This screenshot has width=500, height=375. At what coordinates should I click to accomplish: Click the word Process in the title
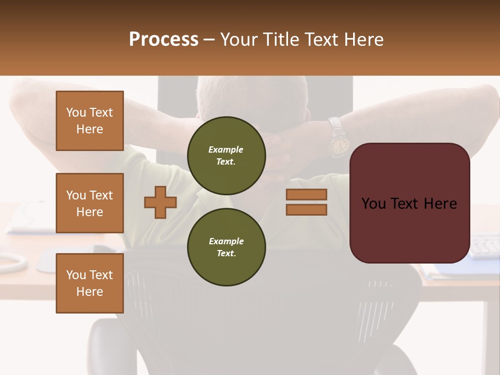164,40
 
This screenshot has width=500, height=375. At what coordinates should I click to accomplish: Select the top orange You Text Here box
90,121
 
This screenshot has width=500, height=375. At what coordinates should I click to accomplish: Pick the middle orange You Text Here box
90,203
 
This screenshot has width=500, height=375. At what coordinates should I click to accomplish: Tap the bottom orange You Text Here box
90,283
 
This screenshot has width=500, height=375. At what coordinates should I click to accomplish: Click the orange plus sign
160,202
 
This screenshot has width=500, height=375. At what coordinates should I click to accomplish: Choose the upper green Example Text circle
227,156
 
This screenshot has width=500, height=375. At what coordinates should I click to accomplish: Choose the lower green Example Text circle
227,247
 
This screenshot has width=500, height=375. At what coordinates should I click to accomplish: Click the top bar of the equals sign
306,194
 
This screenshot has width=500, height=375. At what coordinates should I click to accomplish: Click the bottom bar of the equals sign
306,209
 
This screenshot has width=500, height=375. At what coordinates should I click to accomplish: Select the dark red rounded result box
409,229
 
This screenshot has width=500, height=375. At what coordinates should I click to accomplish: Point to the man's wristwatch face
339,144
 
